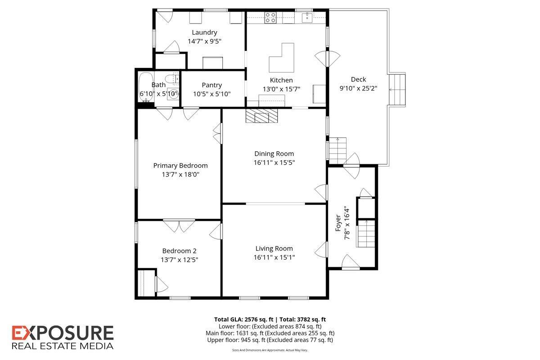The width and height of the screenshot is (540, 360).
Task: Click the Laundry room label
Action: coord(204,32)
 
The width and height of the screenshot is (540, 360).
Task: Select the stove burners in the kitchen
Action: coord(270,18)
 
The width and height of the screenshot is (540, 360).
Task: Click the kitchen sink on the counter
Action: coord(308,18)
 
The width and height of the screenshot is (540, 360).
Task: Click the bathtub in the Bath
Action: coord(145,88)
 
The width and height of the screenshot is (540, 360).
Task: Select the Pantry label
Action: coord(211,85)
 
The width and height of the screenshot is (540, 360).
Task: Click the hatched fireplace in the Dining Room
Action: coord(262,117)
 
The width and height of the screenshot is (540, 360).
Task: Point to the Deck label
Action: coord(358,80)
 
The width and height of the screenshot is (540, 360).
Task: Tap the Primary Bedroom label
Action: coord(180,166)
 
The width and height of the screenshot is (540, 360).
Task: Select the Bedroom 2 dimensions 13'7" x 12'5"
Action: coord(179,260)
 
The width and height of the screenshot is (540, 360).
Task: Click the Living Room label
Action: coord(274,248)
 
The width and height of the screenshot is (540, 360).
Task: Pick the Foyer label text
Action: coord(338,224)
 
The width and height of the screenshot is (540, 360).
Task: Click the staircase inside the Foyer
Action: coord(366,233)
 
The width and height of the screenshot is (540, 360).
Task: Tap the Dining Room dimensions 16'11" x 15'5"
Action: coord(274,162)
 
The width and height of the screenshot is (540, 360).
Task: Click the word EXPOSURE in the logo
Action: coord(63,333)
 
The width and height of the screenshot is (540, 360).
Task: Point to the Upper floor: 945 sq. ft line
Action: coord(270,340)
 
